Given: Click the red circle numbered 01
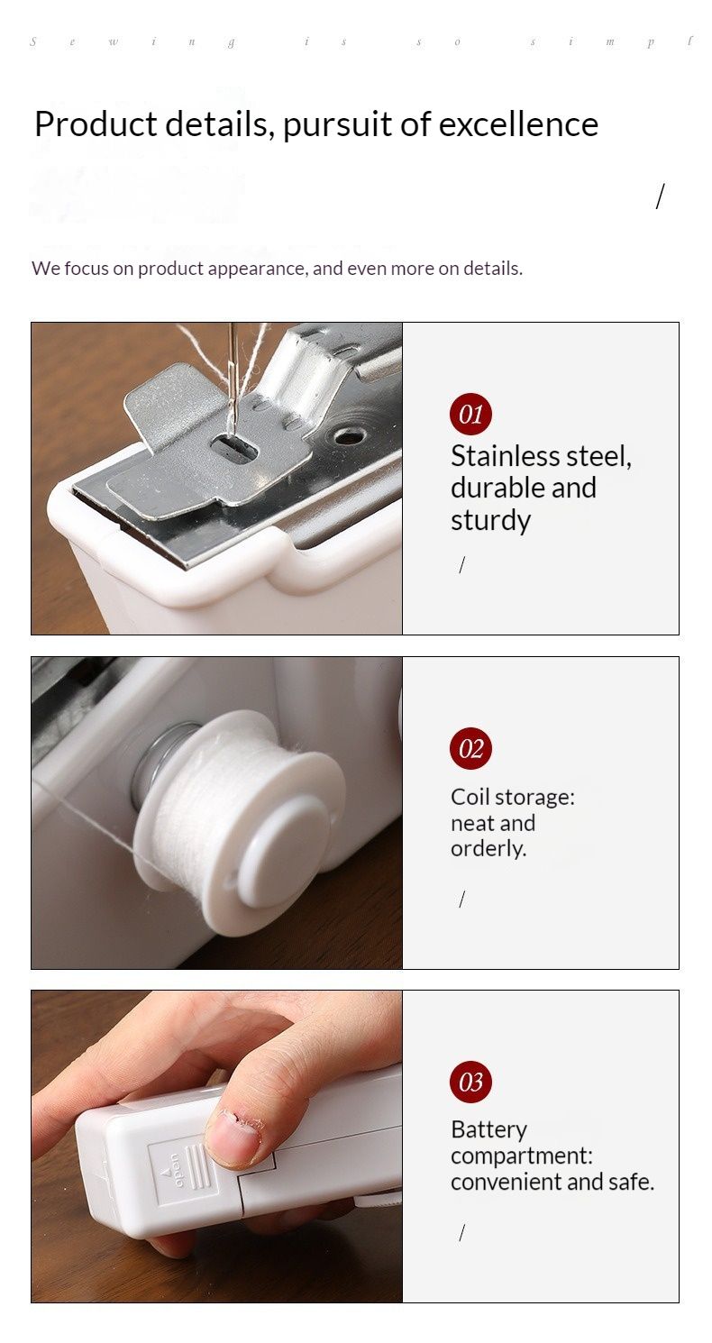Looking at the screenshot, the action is (470, 415).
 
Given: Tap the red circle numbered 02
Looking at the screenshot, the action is (470, 748).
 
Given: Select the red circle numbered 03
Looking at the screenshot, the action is (470, 1082).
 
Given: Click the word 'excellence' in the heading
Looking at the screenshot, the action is (518, 124).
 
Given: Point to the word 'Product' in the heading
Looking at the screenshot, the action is (96, 124).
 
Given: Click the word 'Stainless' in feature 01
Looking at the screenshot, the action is (506, 456).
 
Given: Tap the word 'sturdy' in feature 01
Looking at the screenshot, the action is (491, 520).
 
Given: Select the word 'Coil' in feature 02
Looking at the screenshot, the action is (471, 797).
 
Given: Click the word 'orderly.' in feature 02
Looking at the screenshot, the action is (488, 848).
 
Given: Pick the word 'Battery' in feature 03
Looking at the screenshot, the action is (488, 1130).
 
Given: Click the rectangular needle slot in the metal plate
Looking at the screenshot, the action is (233, 445).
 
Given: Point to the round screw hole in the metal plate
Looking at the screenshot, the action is (346, 436).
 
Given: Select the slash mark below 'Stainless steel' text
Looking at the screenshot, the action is (461, 565).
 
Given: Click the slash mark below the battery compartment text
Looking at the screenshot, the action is (461, 1233).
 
